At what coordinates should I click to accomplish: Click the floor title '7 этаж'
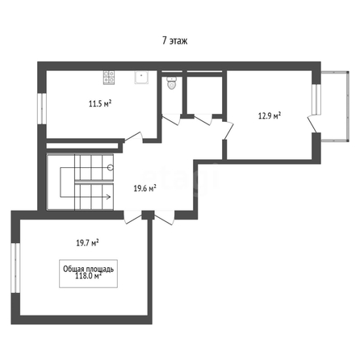[175, 40]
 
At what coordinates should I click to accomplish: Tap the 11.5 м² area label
[100, 103]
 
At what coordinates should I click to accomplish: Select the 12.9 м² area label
[270, 116]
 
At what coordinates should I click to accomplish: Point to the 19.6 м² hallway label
[145, 189]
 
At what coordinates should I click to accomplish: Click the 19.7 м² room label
[87, 243]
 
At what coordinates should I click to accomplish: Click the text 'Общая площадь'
[88, 269]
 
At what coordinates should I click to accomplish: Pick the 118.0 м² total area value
[88, 276]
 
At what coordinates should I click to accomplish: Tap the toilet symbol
[171, 83]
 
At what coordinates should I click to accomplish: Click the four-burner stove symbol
[109, 77]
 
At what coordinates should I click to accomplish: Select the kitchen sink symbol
[141, 77]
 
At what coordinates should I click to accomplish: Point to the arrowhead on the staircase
[108, 197]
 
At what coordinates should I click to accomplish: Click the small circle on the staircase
[111, 168]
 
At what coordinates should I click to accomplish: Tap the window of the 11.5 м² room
[42, 109]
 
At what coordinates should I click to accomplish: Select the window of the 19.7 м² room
[15, 268]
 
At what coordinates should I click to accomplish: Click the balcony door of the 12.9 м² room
[312, 123]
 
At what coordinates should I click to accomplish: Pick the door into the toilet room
[171, 119]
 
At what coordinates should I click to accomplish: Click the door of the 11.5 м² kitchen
[133, 137]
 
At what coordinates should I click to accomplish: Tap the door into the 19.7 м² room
[133, 217]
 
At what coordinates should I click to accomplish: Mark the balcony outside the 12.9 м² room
[335, 107]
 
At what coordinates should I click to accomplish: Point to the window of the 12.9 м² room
[316, 99]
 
